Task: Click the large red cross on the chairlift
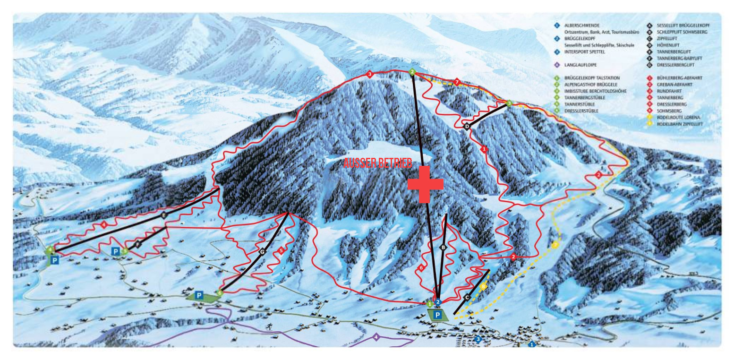pyautogui.click(x=425, y=184)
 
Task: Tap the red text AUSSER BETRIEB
pyautogui.click(x=377, y=163)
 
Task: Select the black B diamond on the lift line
pyautogui.click(x=443, y=247)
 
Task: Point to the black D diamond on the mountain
pyautogui.click(x=467, y=127)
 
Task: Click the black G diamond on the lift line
pyautogui.click(x=262, y=252)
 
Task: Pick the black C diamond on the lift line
pyautogui.click(x=467, y=297)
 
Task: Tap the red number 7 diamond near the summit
pyautogui.click(x=457, y=82)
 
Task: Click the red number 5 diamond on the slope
pyautogui.click(x=281, y=250)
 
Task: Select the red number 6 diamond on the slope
pyautogui.click(x=421, y=268)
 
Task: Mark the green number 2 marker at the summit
pyautogui.click(x=412, y=72)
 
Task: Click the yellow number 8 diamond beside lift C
pyautogui.click(x=483, y=286)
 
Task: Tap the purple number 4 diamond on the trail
pyautogui.click(x=376, y=337)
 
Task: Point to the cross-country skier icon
pyautogui.click(x=269, y=326)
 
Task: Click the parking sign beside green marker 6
pyautogui.click(x=199, y=296)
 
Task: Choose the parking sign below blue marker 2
pyautogui.click(x=438, y=315)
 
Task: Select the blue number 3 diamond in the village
pyautogui.click(x=478, y=339)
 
